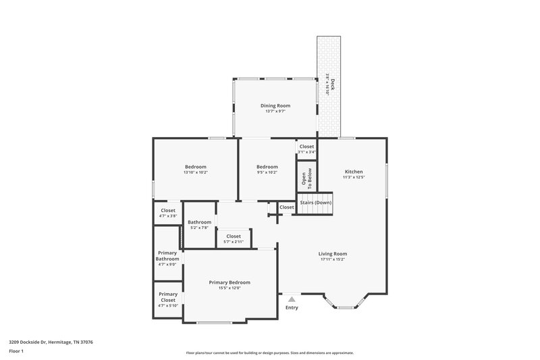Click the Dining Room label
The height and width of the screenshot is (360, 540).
[x=275, y=105]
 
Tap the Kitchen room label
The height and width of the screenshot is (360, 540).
[x=354, y=172]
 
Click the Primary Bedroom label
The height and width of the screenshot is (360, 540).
[x=230, y=282]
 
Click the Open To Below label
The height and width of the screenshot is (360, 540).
[x=306, y=178]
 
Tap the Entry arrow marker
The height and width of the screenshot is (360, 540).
[x=292, y=298]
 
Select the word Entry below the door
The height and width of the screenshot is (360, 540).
[x=292, y=308]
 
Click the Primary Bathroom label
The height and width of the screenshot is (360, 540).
[x=167, y=256]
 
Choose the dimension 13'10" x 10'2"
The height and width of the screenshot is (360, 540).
[x=196, y=172]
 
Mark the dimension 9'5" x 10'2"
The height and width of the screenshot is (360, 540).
[x=267, y=172]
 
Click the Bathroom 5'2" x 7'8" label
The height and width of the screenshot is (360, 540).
[x=199, y=225]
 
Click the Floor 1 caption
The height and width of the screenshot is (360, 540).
[x=17, y=352]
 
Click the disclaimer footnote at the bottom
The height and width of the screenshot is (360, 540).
[x=270, y=353]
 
